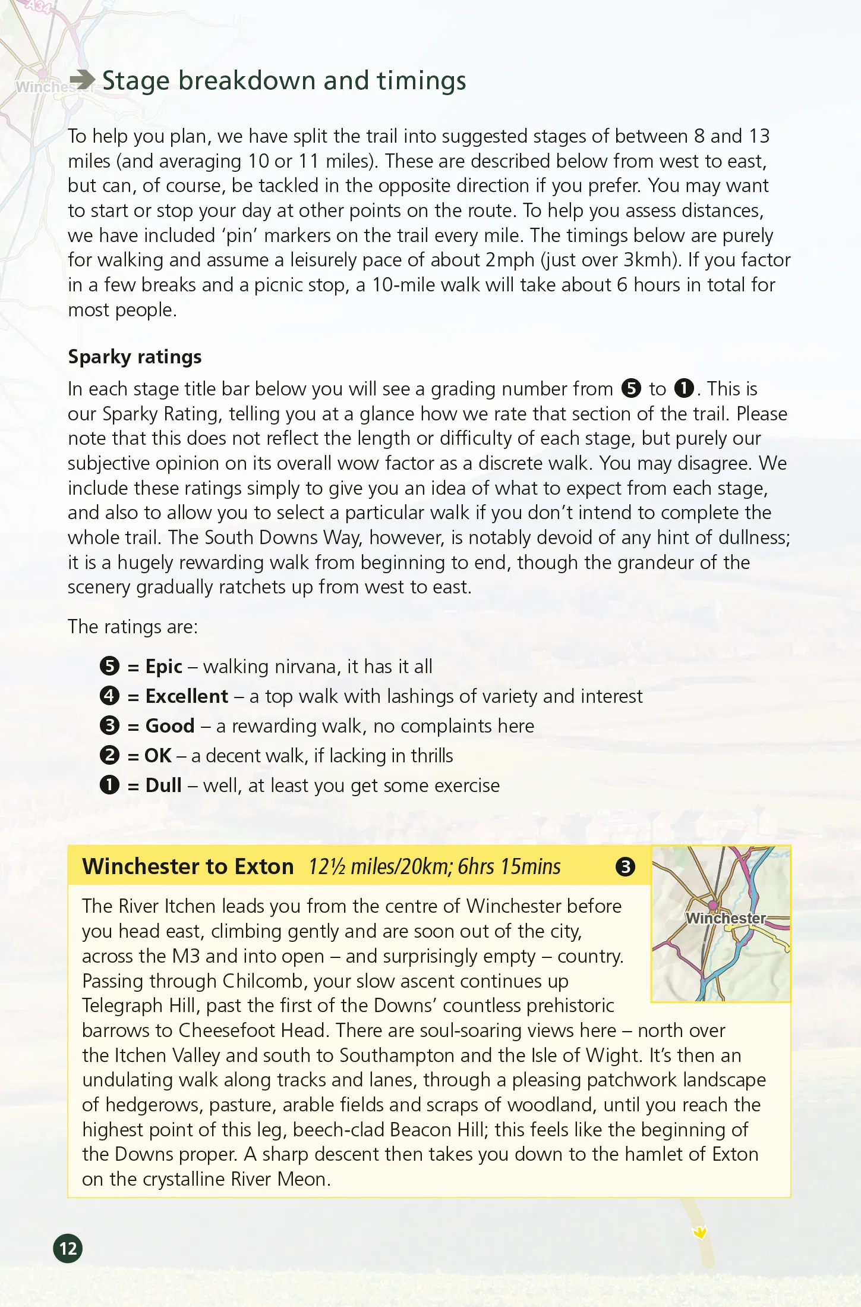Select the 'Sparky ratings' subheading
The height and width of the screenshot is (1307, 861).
135,357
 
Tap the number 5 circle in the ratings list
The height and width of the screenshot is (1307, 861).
110,666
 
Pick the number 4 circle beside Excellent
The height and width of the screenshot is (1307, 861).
110,696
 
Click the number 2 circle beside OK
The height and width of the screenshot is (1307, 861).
110,755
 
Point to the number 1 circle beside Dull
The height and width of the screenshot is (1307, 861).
110,785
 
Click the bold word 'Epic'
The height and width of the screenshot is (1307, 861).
163,667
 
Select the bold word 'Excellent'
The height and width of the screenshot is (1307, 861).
187,696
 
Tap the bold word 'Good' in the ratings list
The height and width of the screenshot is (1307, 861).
170,726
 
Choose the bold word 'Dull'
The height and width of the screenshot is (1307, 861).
163,786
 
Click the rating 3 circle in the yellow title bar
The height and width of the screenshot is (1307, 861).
625,867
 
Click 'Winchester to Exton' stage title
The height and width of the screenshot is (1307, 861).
188,867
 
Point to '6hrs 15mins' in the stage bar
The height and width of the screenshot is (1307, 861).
509,867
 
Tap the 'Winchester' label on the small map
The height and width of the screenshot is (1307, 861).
725,918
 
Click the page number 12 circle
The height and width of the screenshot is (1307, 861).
68,1248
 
